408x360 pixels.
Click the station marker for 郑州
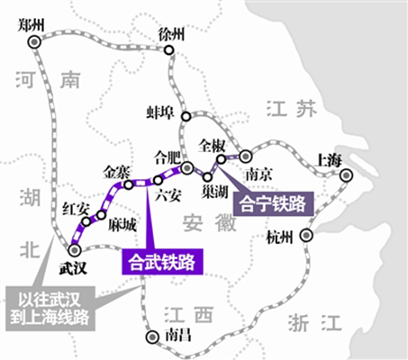coord(34,41)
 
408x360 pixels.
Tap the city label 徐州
coord(170,34)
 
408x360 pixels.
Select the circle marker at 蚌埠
coord(186,115)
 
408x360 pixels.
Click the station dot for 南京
coord(244,156)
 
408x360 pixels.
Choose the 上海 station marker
coord(345,176)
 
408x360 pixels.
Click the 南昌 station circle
coord(150,337)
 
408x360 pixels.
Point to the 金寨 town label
coord(119,171)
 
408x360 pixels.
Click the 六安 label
coord(168,193)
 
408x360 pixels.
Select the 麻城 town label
coord(123,223)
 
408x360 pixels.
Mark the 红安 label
coord(76,210)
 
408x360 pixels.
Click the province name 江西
coord(191,315)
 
